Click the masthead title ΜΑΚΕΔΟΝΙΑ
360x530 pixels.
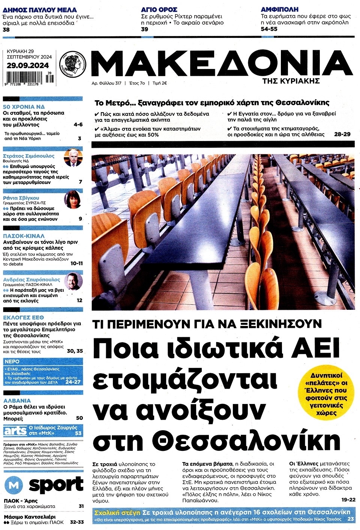(221, 63)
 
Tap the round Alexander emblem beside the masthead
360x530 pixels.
(73, 63)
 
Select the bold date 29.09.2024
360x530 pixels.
(27, 65)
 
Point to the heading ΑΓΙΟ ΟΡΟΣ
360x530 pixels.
(159, 10)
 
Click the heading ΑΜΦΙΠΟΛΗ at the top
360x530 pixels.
(280, 9)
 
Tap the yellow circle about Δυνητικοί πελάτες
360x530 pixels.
(326, 394)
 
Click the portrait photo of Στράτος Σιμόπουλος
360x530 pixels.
(73, 158)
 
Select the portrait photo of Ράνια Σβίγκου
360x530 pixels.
(73, 200)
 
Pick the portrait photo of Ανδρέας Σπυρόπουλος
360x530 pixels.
(73, 281)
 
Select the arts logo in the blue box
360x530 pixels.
(15, 431)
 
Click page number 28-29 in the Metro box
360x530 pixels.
(342, 134)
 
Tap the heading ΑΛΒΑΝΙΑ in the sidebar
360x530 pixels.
(17, 401)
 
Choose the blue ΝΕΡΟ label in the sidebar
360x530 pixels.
(12, 362)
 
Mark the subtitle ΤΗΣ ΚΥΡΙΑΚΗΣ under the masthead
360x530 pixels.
(291, 81)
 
